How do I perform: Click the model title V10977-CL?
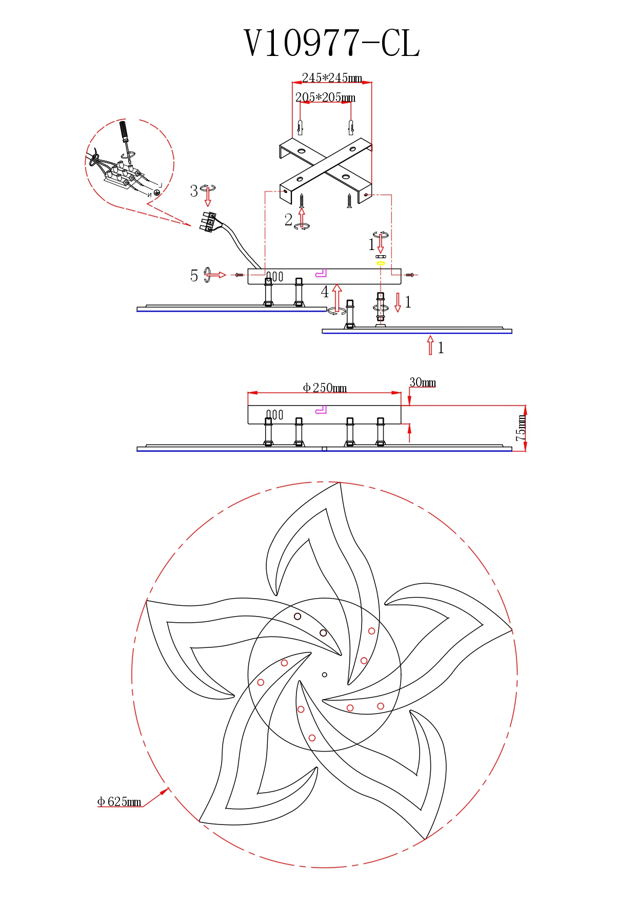[332, 43]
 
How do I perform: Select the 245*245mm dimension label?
[332, 78]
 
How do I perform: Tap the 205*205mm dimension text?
[325, 97]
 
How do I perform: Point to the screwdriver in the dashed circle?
[126, 139]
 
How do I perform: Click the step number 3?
[194, 191]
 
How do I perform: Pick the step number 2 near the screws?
[289, 220]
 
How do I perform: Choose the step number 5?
[194, 276]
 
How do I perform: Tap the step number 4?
[325, 292]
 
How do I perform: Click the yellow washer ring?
[381, 263]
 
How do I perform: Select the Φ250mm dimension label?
[325, 388]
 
